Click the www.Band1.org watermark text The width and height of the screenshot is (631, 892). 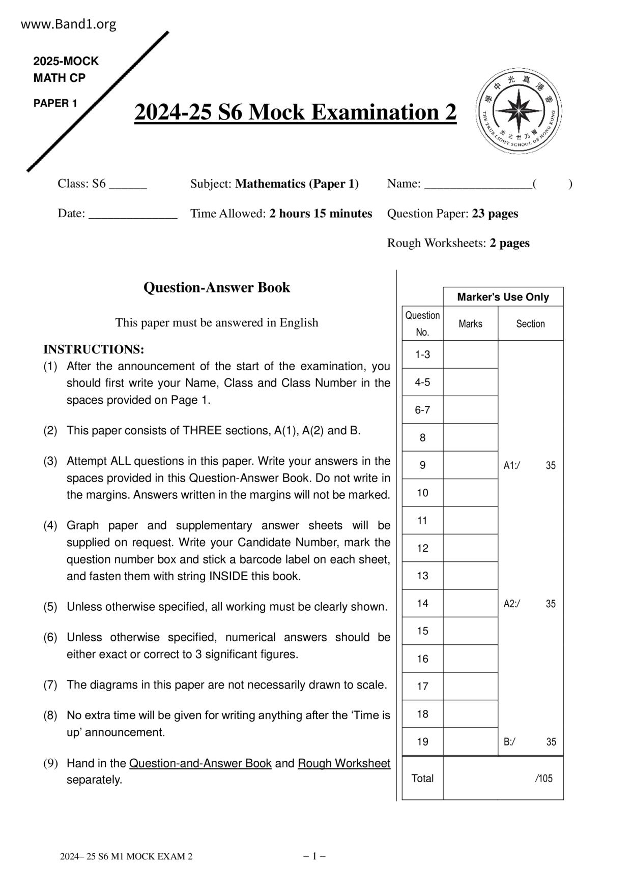click(69, 24)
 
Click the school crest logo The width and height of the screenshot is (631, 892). click(519, 111)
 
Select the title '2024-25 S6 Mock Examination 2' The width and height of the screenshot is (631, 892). click(295, 112)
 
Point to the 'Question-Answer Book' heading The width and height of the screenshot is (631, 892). click(217, 288)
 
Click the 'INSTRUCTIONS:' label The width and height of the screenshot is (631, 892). click(94, 350)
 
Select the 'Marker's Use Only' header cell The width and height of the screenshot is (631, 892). click(503, 297)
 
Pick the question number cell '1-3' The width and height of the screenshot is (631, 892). click(422, 355)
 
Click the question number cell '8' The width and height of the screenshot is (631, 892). click(422, 438)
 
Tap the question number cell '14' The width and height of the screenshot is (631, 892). click(422, 604)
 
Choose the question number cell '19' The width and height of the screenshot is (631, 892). click(422, 742)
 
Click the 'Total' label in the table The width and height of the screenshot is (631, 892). click(422, 779)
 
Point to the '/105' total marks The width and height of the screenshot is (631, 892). click(543, 779)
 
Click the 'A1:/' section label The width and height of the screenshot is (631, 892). click(511, 466)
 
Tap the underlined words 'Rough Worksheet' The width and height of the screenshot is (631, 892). click(344, 763)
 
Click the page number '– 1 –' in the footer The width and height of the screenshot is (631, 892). click(314, 856)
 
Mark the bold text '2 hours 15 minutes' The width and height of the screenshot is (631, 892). click(321, 214)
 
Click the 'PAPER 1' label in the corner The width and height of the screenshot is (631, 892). click(55, 104)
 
